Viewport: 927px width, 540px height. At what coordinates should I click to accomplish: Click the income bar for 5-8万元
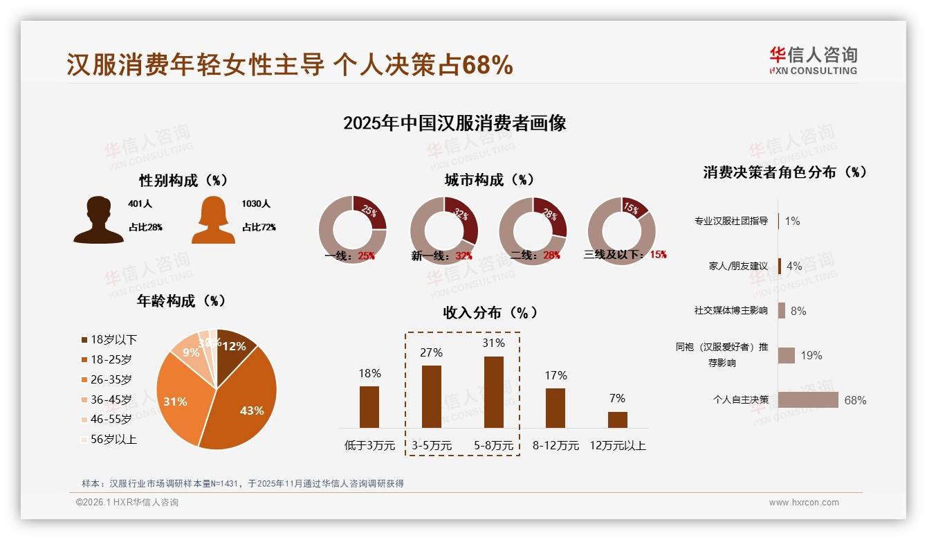click(493, 392)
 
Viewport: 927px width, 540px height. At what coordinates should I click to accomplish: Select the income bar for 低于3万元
click(369, 406)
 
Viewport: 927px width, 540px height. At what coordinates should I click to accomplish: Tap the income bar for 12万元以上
click(617, 420)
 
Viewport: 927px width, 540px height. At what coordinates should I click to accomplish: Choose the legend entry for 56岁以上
click(109, 439)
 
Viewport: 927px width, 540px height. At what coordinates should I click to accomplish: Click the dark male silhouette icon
click(98, 219)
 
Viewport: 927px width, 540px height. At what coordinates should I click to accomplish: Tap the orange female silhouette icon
click(213, 219)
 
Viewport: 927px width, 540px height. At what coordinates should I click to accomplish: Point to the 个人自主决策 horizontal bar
click(808, 399)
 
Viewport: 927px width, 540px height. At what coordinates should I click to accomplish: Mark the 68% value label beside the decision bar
click(855, 400)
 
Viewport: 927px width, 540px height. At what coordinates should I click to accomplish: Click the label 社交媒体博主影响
click(731, 310)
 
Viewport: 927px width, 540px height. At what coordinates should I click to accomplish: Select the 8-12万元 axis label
click(556, 445)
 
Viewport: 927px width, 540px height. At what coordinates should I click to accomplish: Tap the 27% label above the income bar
click(431, 352)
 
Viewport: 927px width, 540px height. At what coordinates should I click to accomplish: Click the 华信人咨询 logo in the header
click(813, 60)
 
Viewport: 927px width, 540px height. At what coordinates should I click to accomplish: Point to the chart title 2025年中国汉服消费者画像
click(455, 123)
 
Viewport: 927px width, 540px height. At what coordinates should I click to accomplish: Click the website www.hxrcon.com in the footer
click(804, 503)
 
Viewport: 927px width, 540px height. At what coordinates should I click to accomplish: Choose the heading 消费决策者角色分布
click(784, 172)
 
